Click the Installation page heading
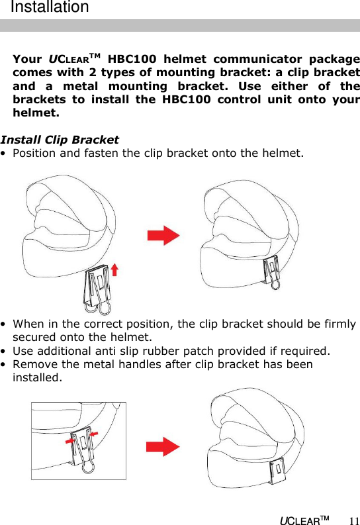50,8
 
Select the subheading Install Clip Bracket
60,140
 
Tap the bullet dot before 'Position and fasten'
5,154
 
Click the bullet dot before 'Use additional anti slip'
5,351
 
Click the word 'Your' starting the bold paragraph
27,59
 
